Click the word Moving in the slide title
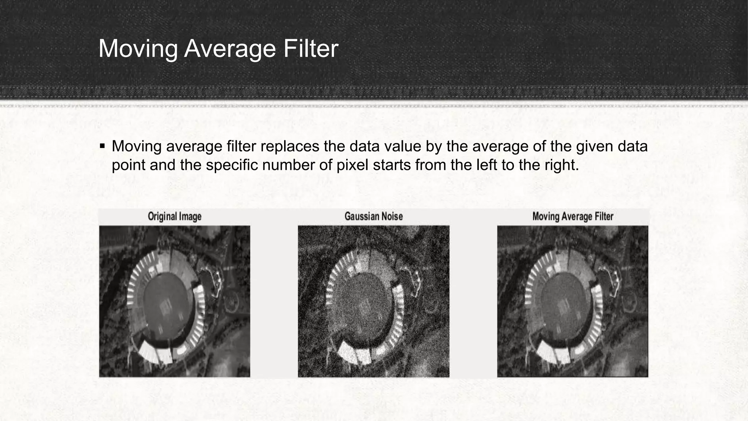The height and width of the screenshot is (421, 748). click(x=138, y=49)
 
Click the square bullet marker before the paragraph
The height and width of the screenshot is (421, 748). click(x=102, y=147)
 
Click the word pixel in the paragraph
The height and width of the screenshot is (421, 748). click(x=352, y=165)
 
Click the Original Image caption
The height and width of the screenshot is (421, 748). click(x=175, y=216)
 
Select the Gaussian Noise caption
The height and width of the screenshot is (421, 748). click(x=374, y=216)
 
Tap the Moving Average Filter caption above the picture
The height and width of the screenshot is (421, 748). click(x=573, y=216)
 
